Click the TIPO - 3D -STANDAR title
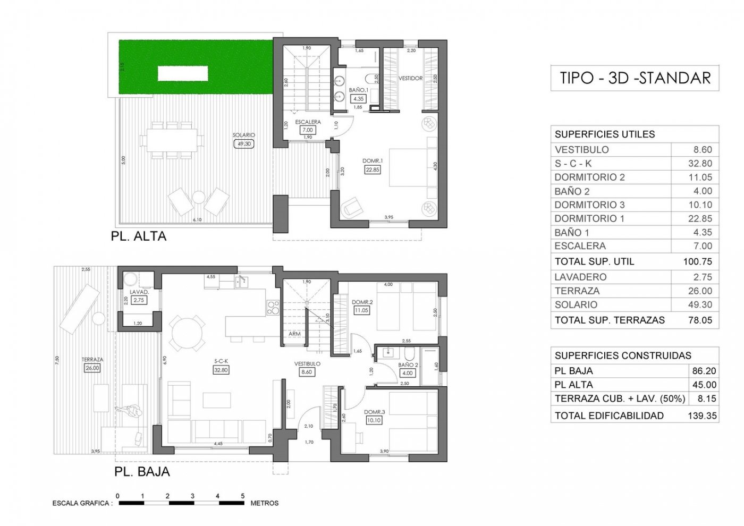coord(635,78)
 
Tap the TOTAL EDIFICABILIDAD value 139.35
coord(702,415)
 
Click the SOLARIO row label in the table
coord(576,304)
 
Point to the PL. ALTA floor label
coord(139,236)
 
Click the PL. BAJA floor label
coord(142,471)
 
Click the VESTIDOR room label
coord(410,78)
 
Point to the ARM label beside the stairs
coord(294,334)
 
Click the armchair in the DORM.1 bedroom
coord(351,208)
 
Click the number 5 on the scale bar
coord(243,496)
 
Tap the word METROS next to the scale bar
coord(264,503)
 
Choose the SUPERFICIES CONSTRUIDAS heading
coord(623,355)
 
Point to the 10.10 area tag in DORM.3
coord(374,420)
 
